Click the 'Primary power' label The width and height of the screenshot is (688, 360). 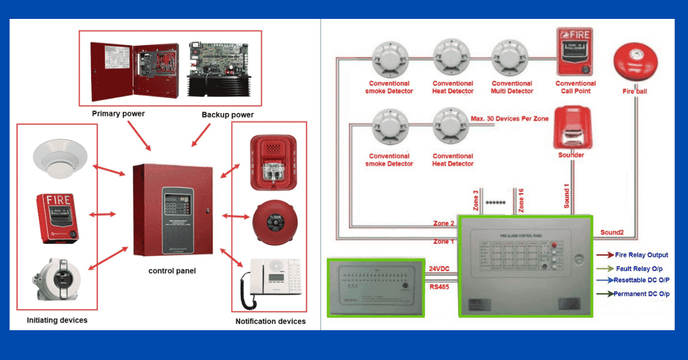coord(118,114)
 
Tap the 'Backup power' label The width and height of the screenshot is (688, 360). coord(228,115)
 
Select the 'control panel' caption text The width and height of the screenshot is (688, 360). coord(172,271)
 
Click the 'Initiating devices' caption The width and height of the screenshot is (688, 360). coord(57,320)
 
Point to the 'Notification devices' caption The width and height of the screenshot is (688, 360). coord(271,321)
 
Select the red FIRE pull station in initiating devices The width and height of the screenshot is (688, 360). coord(56,218)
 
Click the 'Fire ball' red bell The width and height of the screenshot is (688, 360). coord(634,63)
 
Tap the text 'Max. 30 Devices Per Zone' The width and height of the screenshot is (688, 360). coord(510,119)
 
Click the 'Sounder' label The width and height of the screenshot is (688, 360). coord(571,155)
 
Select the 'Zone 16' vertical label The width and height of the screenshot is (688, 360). coord(521,200)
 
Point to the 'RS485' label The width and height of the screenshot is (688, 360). coord(439,286)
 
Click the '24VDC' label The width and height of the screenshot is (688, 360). coord(440,268)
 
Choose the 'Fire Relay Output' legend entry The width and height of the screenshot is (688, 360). coord(641,255)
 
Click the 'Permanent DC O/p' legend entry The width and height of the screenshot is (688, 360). coord(641,294)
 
